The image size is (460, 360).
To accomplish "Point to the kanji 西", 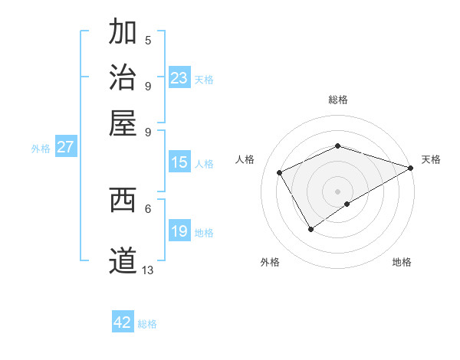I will tap(123, 199).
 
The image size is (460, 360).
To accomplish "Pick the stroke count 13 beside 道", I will tap(148, 270).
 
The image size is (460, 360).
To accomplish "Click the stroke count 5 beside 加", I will tap(148, 40).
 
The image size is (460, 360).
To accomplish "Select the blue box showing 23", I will tap(179, 77).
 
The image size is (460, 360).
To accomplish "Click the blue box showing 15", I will tap(179, 162).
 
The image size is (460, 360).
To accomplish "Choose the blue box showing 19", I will tap(179, 231).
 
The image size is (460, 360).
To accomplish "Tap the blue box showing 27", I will tap(65, 147).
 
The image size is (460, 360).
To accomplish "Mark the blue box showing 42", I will tap(123, 322).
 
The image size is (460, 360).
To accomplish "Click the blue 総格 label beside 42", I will tap(147, 324).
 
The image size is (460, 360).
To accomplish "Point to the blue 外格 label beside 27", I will tap(41, 149).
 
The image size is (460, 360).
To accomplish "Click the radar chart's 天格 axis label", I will tap(431, 159).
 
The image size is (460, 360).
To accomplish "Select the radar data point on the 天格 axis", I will tap(410, 168).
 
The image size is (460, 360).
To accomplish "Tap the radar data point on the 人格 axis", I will tap(280, 172).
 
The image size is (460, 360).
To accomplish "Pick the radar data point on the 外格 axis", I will tap(310, 228).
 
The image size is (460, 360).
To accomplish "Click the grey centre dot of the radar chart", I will tap(337, 191).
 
